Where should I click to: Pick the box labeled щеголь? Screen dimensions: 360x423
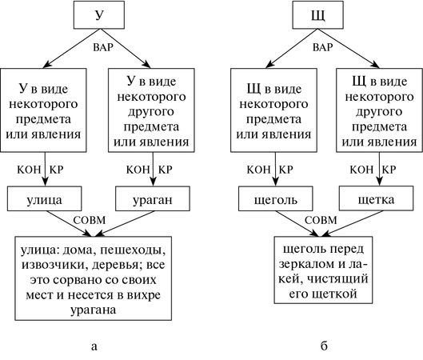274,195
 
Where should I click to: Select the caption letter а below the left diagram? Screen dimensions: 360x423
96,346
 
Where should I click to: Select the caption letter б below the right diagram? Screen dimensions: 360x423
324,346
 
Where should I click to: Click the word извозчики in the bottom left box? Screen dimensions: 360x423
58,267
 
